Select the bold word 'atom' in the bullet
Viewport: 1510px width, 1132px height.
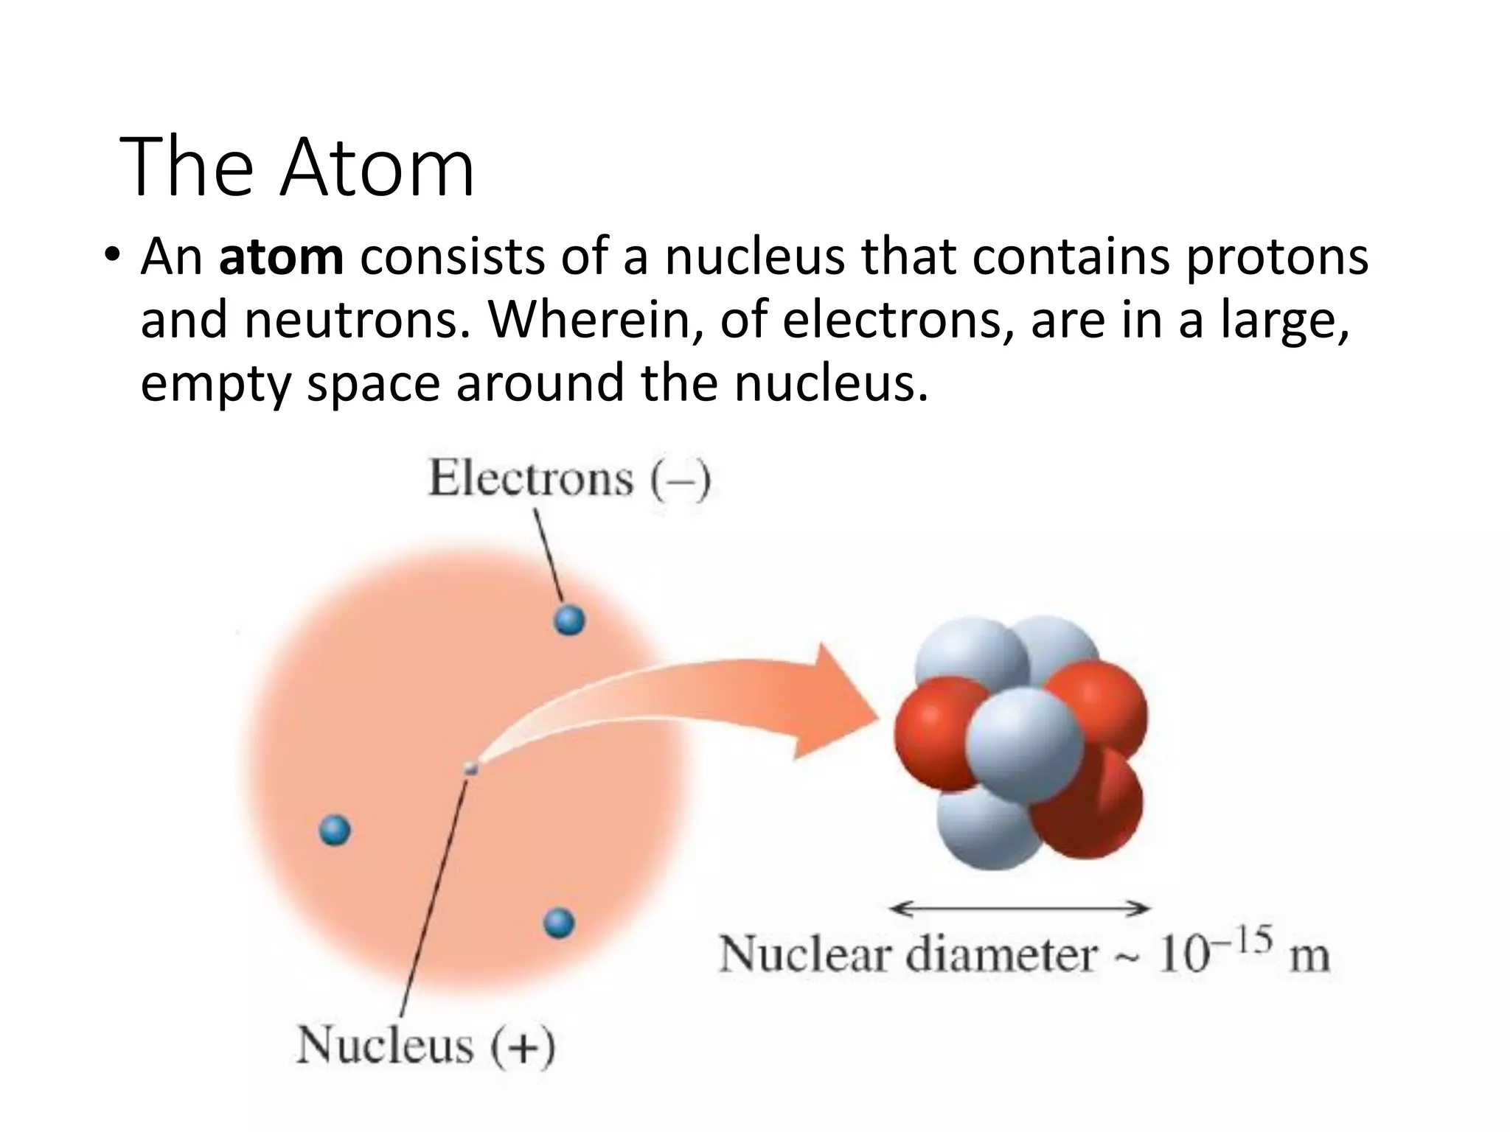(281, 257)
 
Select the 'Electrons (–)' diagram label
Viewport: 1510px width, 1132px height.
(569, 479)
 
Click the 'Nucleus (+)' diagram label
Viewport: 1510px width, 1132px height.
(425, 1045)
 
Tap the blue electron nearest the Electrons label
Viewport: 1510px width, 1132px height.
(569, 620)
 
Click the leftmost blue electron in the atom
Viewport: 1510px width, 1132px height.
(335, 831)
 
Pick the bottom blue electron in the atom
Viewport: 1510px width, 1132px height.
(558, 923)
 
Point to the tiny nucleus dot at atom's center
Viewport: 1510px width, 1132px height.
(470, 769)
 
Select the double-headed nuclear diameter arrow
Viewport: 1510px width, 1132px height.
(1020, 909)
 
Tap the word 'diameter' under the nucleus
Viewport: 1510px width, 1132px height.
(1001, 955)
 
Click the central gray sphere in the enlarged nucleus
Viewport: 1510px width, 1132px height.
(1025, 744)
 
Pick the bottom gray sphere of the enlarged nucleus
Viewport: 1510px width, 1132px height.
(984, 829)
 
